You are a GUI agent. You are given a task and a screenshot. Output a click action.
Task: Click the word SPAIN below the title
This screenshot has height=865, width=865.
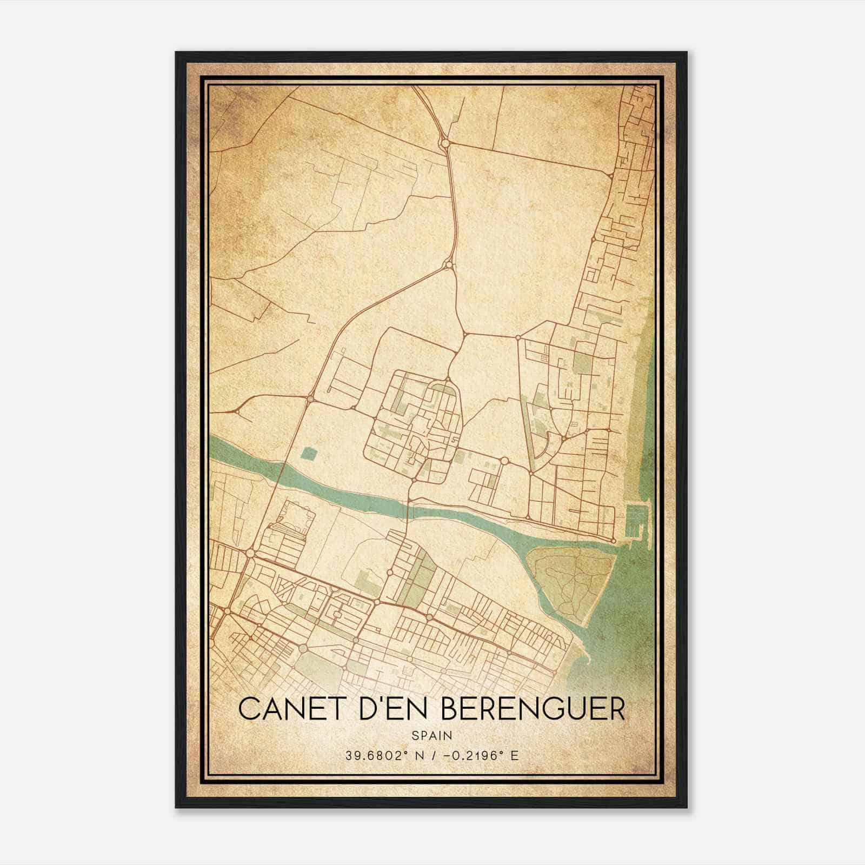pyautogui.click(x=432, y=735)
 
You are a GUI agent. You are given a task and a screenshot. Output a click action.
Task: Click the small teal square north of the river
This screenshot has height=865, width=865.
pyautogui.click(x=309, y=454)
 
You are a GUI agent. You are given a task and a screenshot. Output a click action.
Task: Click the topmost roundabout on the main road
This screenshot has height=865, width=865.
pyautogui.click(x=445, y=144)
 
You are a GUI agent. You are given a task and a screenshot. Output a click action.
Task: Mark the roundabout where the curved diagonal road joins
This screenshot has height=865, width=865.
pyautogui.click(x=448, y=264)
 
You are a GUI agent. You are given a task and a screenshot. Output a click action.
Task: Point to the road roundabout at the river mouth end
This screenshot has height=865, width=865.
pyautogui.click(x=613, y=540)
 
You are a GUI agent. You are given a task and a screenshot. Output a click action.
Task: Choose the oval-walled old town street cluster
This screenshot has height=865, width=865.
pyautogui.click(x=414, y=427)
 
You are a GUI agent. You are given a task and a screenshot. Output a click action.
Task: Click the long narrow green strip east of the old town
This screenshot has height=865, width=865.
pyautogui.click(x=528, y=427)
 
